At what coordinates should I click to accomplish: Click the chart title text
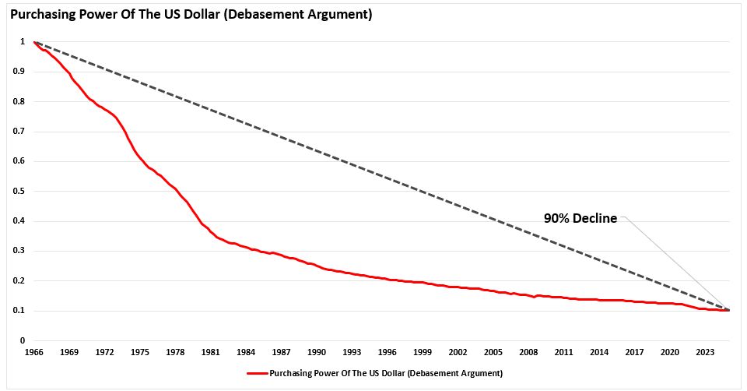pyautogui.click(x=191, y=13)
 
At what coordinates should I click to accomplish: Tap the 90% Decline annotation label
pyautogui.click(x=580, y=219)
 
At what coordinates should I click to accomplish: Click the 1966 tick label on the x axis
pyautogui.click(x=34, y=353)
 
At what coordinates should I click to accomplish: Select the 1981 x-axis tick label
pyautogui.click(x=211, y=353)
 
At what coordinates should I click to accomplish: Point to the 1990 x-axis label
pyautogui.click(x=317, y=353)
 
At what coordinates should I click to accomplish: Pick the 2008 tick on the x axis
pyautogui.click(x=528, y=353)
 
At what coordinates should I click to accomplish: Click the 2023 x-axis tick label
pyautogui.click(x=705, y=353)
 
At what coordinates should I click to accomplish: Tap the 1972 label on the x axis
pyautogui.click(x=105, y=353)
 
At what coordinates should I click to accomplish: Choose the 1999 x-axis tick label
pyautogui.click(x=423, y=353)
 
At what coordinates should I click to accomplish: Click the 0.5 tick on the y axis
pyautogui.click(x=18, y=191)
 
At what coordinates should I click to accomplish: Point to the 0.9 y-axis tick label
pyautogui.click(x=18, y=72)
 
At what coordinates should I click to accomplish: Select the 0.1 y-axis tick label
pyautogui.click(x=18, y=311)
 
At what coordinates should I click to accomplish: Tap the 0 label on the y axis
pyautogui.click(x=22, y=340)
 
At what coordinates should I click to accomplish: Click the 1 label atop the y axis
pyautogui.click(x=22, y=42)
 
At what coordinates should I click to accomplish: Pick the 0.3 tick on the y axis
pyautogui.click(x=18, y=251)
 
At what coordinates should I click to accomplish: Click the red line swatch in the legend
pyautogui.click(x=257, y=373)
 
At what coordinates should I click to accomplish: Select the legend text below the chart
pyautogui.click(x=385, y=373)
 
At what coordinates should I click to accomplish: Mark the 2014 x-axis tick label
pyautogui.click(x=599, y=353)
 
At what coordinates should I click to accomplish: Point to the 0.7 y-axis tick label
pyautogui.click(x=18, y=132)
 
